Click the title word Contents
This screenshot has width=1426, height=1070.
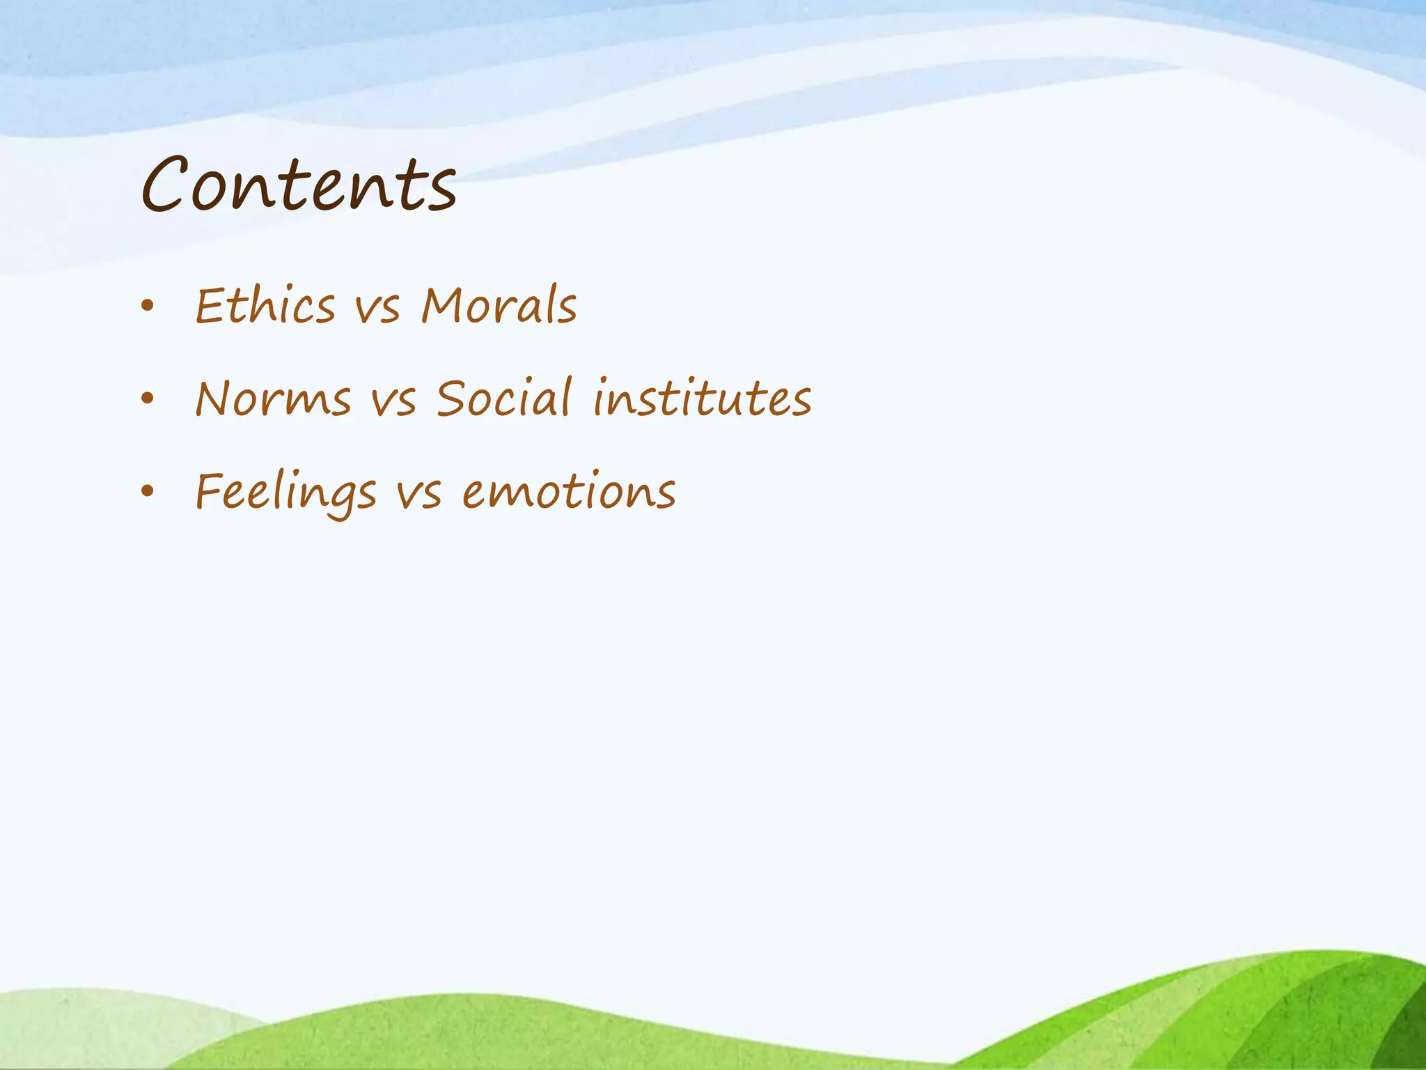pos(299,185)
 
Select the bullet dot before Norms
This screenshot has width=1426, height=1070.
pos(146,398)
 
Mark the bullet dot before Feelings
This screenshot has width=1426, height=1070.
pos(146,491)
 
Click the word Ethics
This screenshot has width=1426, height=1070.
pos(265,306)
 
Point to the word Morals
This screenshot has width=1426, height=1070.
pos(499,306)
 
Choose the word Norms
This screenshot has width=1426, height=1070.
pos(273,398)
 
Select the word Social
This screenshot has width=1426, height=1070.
pos(504,398)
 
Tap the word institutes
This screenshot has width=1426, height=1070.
pos(703,398)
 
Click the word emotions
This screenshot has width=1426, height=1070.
pos(569,492)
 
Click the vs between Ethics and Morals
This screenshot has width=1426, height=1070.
pos(378,308)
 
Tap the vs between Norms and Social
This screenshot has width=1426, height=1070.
pos(394,401)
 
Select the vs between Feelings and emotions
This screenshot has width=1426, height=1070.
pos(419,494)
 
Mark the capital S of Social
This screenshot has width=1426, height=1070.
pos(452,398)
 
